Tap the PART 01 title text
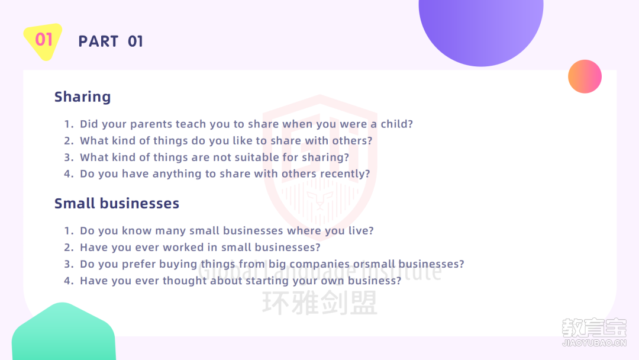[111, 41]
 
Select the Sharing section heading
[83, 97]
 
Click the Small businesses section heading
[117, 204]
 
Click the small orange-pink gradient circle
[585, 76]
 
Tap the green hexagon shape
[63, 332]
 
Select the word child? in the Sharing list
[396, 124]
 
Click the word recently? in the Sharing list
[345, 174]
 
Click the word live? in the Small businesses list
[361, 231]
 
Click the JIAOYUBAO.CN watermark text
[594, 343]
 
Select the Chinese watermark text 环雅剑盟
[319, 303]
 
